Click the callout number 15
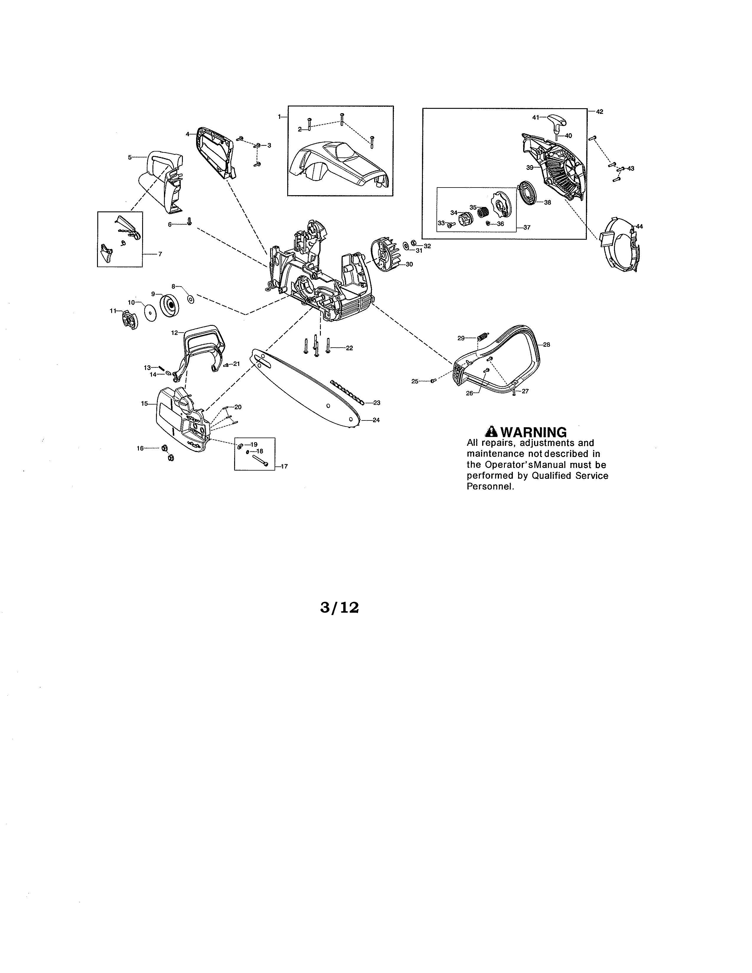tap(144, 404)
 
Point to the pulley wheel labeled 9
tap(169, 306)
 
